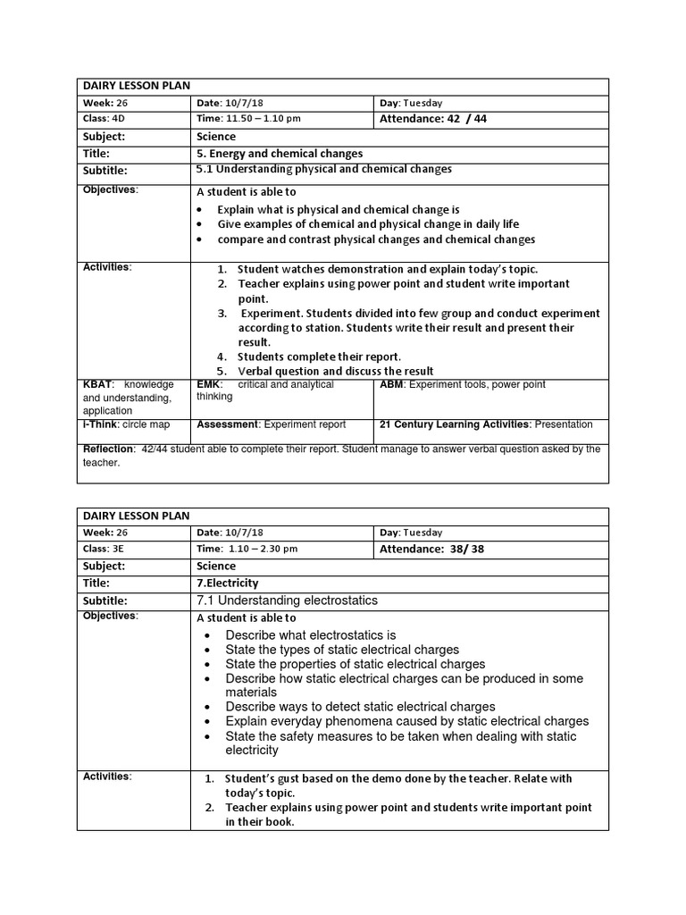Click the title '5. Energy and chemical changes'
pyautogui.click(x=280, y=154)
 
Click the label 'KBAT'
pyautogui.click(x=98, y=384)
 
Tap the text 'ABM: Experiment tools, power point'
pyautogui.click(x=463, y=384)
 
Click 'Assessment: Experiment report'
pyautogui.click(x=272, y=424)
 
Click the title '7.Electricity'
pyautogui.click(x=229, y=583)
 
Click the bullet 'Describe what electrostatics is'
pyautogui.click(x=310, y=634)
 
